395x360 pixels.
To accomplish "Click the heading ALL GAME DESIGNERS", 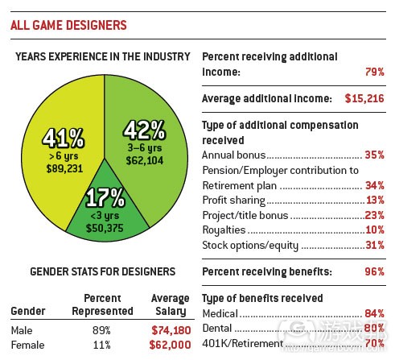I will click(x=68, y=25).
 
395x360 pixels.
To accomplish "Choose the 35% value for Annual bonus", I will click(x=374, y=154).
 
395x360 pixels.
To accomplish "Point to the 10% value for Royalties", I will click(x=374, y=230).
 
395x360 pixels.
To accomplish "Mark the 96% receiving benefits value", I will click(x=374, y=271).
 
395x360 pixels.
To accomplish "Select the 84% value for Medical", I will click(x=374, y=313).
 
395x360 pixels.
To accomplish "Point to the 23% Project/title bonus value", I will click(x=374, y=215).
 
